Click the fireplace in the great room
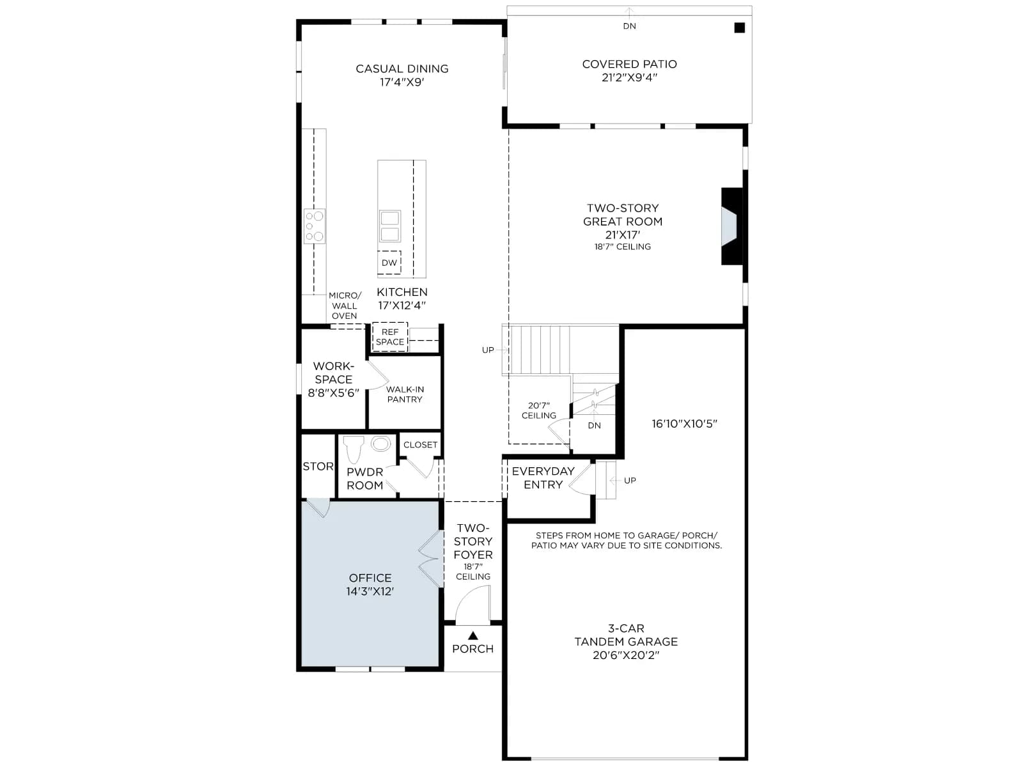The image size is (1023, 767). (731, 226)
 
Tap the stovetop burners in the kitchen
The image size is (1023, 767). (314, 226)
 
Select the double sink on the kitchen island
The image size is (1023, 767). (389, 226)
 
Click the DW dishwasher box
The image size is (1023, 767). (389, 263)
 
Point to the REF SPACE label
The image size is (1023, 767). (390, 337)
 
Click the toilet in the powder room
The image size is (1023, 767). (354, 449)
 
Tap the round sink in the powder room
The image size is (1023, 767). (381, 444)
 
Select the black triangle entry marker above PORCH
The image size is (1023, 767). (473, 635)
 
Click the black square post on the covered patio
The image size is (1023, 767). (739, 28)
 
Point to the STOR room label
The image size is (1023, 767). (318, 466)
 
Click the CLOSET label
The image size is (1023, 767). (420, 445)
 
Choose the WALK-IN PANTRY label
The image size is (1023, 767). (405, 394)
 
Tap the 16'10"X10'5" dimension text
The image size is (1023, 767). (684, 424)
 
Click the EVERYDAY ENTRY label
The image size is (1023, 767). (543, 478)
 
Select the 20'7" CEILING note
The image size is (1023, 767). (539, 410)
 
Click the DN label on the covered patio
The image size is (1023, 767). (630, 26)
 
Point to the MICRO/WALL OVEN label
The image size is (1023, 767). (345, 306)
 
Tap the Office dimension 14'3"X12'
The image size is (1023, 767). (370, 591)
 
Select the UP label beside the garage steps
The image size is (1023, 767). (630, 480)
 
